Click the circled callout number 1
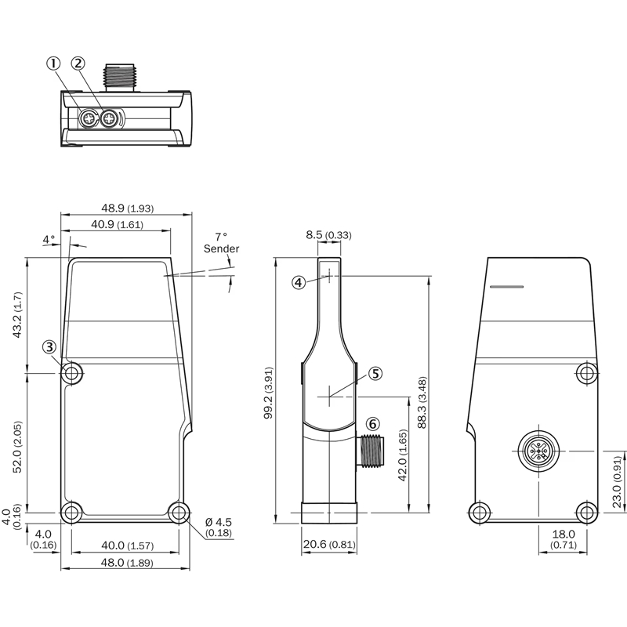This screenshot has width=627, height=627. (x=53, y=63)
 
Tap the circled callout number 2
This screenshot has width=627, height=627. (x=78, y=63)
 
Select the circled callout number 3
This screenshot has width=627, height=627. (x=49, y=346)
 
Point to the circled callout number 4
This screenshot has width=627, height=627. (x=299, y=283)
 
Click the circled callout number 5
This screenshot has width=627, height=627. (x=375, y=374)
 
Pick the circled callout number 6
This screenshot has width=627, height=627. (x=373, y=424)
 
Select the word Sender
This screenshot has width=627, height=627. (x=221, y=248)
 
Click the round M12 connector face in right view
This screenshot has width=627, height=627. (x=538, y=451)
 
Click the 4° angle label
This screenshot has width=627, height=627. (x=49, y=240)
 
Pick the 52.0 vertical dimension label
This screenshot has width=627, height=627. (x=17, y=447)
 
